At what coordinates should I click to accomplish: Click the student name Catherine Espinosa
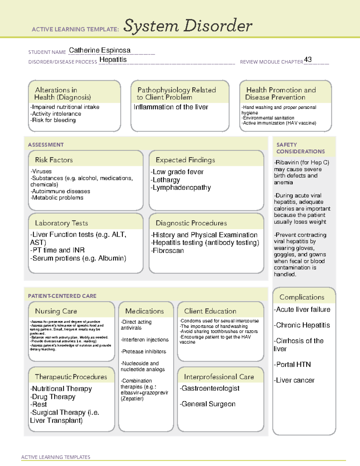point(100,50)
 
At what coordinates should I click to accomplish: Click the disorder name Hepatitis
point(113,60)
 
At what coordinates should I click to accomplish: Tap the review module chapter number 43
point(308,59)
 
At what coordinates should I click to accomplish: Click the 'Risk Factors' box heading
point(54,160)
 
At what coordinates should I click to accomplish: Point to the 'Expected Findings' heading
point(185,160)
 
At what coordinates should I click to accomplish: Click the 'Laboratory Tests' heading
point(61,223)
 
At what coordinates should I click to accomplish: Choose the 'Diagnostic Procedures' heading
point(191,223)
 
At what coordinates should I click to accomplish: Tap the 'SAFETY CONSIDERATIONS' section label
point(300,148)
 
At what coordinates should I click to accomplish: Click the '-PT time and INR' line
point(57,250)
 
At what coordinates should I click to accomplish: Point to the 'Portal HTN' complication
point(293,365)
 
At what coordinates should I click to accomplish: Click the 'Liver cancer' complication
point(295,380)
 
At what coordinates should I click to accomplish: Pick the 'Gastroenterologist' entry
point(210,388)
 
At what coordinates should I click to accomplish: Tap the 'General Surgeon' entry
point(208,404)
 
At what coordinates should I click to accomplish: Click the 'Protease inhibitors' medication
point(144,351)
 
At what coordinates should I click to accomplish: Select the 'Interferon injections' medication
point(145,340)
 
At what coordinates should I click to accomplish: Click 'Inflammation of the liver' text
point(171,107)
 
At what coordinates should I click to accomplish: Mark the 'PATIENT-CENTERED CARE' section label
point(62,296)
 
